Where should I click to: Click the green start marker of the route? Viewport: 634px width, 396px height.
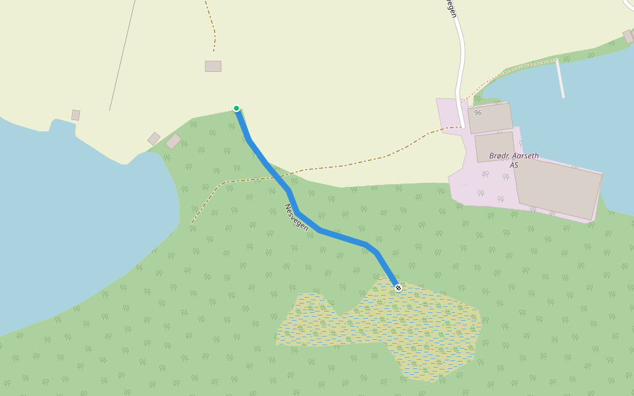236,108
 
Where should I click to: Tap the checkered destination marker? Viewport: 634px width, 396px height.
398,287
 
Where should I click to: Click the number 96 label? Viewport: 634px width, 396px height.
477,113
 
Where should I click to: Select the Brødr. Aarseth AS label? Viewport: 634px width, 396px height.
513,160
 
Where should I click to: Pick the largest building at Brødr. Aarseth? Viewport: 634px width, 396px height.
558,189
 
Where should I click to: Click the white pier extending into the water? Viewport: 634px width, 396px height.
560,79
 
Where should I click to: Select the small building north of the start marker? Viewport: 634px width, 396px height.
213,66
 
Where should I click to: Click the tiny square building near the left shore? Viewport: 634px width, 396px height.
75,115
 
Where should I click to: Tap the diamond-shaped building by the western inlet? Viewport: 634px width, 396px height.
154,139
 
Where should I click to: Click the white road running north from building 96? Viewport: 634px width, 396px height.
460,59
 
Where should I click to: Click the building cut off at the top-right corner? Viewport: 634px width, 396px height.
629,35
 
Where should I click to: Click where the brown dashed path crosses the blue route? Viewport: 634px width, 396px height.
283,175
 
